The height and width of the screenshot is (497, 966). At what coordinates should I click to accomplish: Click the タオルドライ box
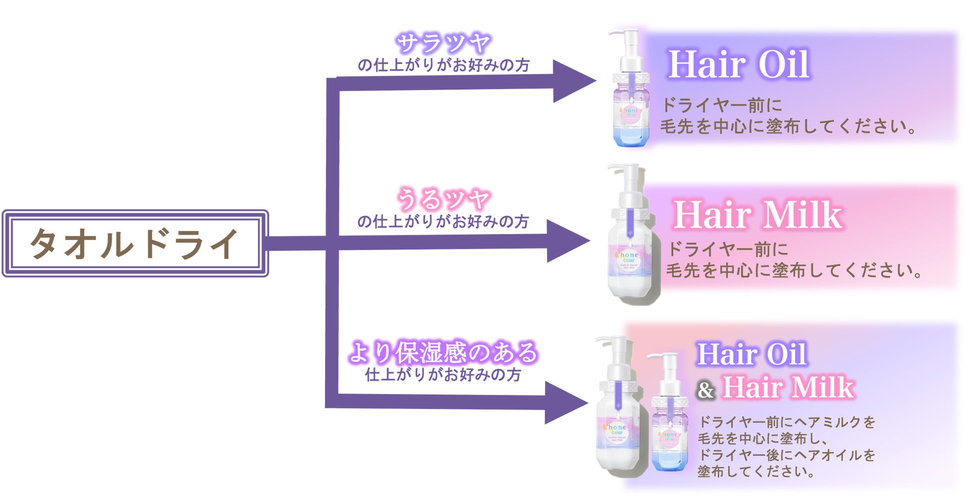click(x=135, y=243)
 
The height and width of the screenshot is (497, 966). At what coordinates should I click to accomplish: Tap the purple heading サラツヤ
click(x=443, y=44)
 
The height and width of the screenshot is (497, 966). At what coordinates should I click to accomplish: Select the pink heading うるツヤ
click(x=443, y=199)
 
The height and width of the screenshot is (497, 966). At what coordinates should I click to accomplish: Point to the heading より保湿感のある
click(x=443, y=352)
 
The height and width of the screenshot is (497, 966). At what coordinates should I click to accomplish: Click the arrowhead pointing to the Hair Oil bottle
click(x=573, y=81)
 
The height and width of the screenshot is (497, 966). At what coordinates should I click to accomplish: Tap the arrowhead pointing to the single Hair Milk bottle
click(x=567, y=241)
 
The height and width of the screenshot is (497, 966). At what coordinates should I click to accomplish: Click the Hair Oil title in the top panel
click(x=739, y=64)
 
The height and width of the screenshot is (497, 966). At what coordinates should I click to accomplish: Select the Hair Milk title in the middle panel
click(x=757, y=215)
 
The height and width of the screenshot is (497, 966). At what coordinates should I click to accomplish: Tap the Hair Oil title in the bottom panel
click(x=751, y=354)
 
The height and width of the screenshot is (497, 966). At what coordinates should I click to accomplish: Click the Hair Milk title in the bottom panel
click(x=788, y=387)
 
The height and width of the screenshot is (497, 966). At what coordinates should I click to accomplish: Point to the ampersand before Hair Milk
click(x=705, y=390)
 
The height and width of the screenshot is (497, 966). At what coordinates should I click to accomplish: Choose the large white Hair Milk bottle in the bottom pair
click(x=617, y=421)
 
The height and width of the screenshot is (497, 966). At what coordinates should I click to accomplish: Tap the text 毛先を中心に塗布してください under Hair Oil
click(x=788, y=127)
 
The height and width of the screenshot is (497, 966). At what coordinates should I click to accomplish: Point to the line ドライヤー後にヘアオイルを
click(x=786, y=455)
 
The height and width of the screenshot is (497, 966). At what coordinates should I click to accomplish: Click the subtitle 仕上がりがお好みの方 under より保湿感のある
click(x=443, y=375)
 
